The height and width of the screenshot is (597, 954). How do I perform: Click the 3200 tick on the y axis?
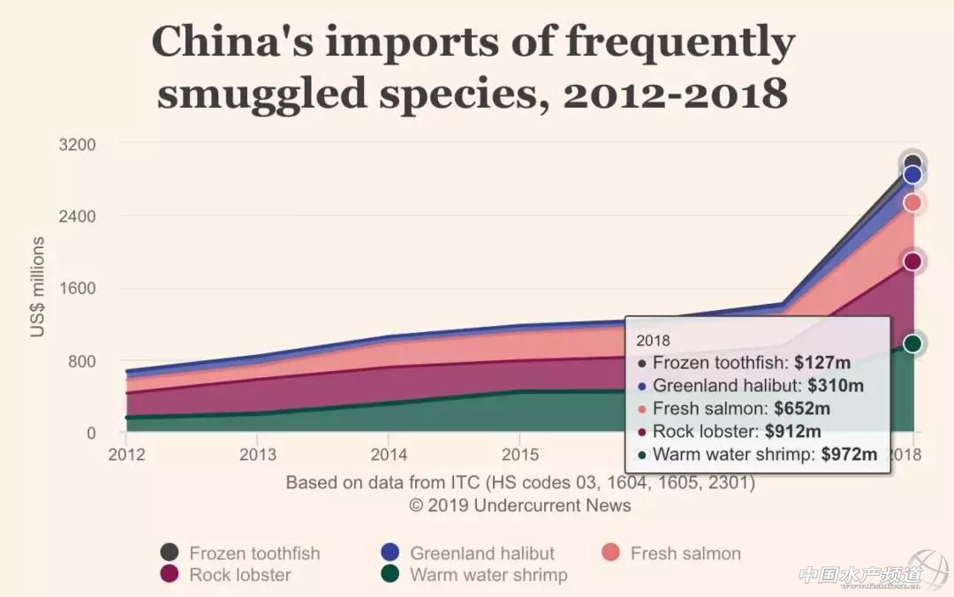click(78, 144)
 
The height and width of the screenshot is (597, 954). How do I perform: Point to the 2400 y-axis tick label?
click(78, 216)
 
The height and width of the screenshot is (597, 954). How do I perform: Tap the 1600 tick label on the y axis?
click(78, 289)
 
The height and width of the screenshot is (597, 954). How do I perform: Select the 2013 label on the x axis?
click(257, 455)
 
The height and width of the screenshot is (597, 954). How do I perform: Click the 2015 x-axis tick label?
click(519, 455)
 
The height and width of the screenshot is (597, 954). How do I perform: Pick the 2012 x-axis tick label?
click(126, 455)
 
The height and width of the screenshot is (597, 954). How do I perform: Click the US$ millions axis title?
click(38, 287)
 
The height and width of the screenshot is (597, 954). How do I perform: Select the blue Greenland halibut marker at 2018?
click(913, 175)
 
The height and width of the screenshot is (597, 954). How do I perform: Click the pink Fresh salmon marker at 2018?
click(913, 203)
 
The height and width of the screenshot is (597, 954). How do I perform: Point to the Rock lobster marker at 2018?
click(913, 261)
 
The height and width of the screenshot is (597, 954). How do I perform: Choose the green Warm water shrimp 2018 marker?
click(913, 344)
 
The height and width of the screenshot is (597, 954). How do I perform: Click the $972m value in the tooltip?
click(849, 455)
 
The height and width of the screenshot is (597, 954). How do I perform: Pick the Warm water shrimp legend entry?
click(488, 575)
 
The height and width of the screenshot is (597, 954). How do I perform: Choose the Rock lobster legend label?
click(240, 575)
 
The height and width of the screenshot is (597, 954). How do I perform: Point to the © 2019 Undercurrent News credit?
click(520, 505)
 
